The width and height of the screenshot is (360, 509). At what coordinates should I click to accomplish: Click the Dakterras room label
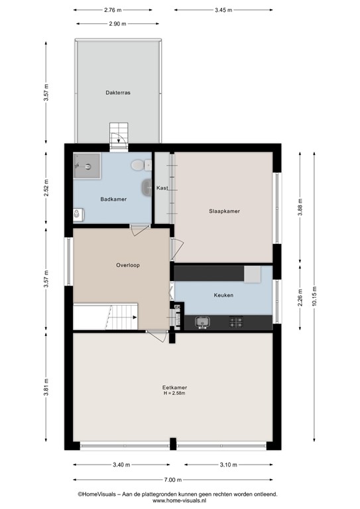point(117,93)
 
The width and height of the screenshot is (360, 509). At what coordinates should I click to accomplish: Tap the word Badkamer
point(113,199)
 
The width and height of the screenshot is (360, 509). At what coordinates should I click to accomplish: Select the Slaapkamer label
point(224,211)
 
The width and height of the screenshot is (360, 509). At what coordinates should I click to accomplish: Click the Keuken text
point(223,295)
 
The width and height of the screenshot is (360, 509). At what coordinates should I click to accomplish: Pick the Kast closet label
point(162,188)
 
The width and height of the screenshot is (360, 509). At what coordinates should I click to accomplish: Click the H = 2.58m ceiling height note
point(174,394)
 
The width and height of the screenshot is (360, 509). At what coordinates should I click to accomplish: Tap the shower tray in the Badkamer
point(87,166)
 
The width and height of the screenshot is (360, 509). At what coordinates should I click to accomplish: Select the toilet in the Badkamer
point(138,164)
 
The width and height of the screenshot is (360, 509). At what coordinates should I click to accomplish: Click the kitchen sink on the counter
point(202,322)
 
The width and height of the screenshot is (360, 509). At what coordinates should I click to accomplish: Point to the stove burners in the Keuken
point(237,322)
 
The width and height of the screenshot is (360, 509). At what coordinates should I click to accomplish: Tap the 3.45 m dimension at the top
point(225,10)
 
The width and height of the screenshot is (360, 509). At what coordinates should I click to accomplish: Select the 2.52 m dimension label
point(46,189)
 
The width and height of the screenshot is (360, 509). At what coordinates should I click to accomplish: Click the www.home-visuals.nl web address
point(177,502)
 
